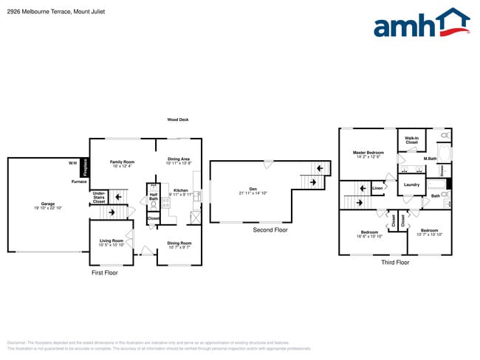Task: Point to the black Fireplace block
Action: [85, 167]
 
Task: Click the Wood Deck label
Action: [178, 120]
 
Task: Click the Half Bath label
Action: [154, 197]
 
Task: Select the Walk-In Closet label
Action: [412, 140]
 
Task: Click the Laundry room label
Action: [411, 184]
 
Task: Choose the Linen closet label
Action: [377, 189]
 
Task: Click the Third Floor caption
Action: [395, 262]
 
